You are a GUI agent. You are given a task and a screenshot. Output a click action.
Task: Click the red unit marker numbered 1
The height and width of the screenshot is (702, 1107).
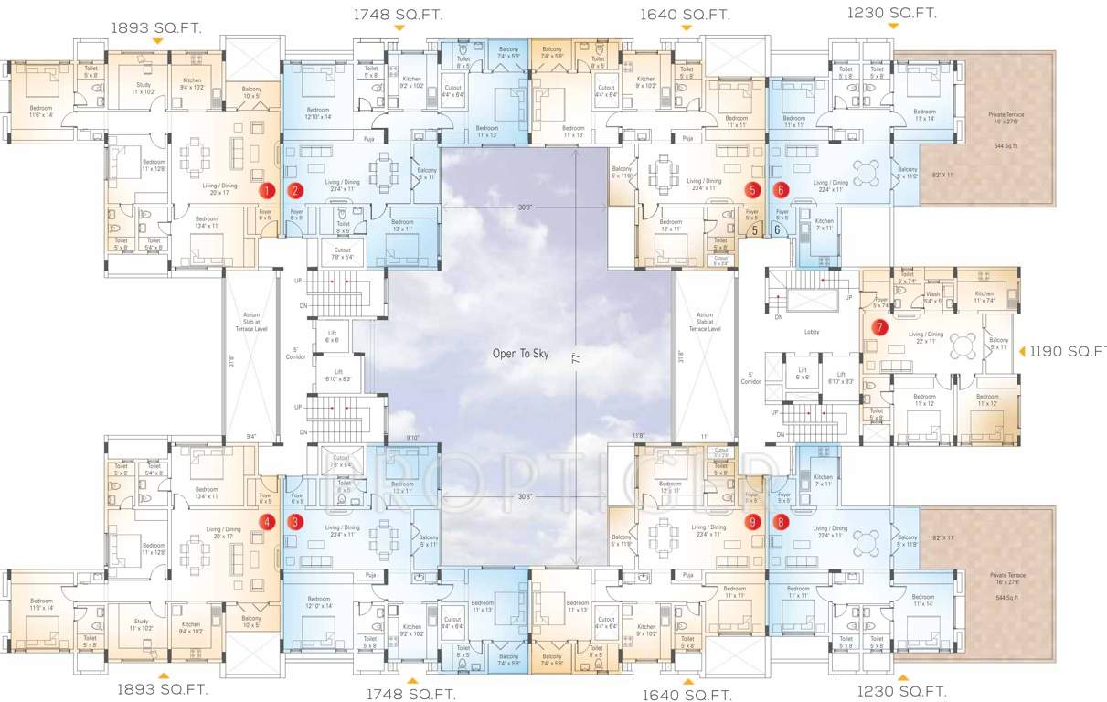tap(267, 191)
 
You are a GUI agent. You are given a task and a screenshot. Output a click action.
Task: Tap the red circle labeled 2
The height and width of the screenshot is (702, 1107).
tap(294, 191)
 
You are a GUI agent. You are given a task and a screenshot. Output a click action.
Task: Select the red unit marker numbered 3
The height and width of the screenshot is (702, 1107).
tap(294, 522)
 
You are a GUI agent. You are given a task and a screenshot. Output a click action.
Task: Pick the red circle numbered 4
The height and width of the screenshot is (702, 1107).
tap(267, 522)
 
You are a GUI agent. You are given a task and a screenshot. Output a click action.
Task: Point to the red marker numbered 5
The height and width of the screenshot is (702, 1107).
tap(752, 190)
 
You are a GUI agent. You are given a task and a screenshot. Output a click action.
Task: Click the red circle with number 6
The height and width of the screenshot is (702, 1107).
tap(780, 190)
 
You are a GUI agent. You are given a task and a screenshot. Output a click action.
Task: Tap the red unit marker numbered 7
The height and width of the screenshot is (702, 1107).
tap(879, 326)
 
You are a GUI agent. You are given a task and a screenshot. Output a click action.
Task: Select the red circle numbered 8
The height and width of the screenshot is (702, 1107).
tap(780, 522)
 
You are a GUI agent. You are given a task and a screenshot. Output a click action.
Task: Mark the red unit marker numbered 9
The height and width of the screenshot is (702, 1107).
tap(752, 522)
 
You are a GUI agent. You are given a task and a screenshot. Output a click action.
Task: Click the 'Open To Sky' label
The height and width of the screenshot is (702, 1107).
tap(521, 354)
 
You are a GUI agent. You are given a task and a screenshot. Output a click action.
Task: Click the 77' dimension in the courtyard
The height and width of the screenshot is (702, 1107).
tap(576, 358)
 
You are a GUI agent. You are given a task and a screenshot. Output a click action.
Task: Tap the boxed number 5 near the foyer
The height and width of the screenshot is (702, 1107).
tap(754, 230)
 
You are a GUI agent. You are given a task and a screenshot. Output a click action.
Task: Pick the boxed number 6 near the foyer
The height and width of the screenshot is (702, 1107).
tap(777, 230)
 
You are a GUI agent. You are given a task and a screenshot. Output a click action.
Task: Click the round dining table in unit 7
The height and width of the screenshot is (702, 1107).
tap(962, 346)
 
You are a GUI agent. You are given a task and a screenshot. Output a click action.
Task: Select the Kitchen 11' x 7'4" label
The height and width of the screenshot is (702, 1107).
tap(984, 297)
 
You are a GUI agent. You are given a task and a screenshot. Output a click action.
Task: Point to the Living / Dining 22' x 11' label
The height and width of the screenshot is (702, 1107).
tap(925, 337)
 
